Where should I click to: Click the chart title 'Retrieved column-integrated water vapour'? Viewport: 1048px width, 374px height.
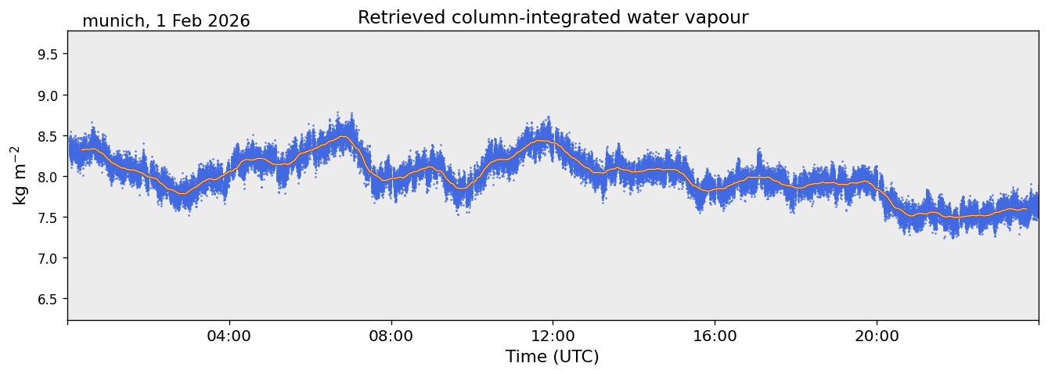click(553, 17)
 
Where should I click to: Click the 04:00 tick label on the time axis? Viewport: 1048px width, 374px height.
click(229, 336)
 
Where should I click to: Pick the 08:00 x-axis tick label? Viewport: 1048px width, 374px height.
click(391, 336)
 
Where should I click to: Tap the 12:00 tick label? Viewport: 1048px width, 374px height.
click(553, 336)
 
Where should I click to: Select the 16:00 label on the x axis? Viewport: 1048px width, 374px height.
click(715, 336)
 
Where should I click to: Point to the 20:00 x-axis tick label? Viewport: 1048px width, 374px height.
click(877, 336)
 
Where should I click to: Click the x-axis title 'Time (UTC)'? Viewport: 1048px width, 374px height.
click(553, 357)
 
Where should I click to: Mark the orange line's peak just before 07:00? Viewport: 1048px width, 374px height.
click(342, 136)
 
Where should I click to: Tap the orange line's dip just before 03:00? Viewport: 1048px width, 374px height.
click(182, 193)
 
